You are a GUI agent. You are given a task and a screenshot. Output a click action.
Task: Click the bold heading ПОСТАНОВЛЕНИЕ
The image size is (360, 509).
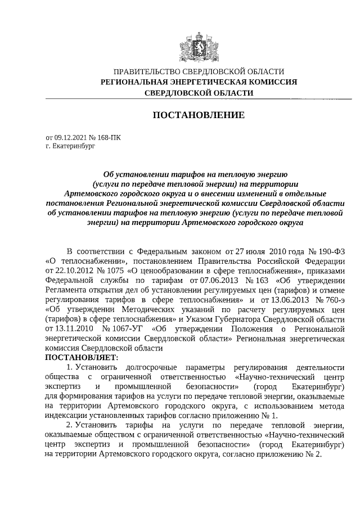[199, 115]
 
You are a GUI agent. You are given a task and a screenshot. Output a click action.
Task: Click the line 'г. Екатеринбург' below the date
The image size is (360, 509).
[71, 145]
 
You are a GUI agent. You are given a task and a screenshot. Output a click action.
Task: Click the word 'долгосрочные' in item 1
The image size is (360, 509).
[143, 367]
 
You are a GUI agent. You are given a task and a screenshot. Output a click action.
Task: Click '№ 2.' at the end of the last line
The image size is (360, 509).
[312, 455]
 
